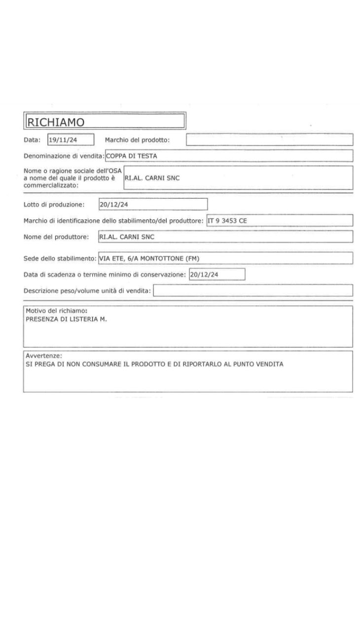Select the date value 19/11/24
click(60, 140)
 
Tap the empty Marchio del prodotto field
click(269, 140)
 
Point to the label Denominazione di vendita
click(64, 156)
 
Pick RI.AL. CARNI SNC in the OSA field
click(152, 178)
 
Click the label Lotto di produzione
click(54, 204)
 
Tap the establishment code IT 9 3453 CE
click(227, 220)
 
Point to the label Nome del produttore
click(56, 237)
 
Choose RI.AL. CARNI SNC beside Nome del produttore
click(127, 237)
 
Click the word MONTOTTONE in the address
click(158, 258)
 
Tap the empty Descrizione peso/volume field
click(253, 290)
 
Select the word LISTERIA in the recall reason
click(87, 319)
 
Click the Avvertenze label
click(43, 356)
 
